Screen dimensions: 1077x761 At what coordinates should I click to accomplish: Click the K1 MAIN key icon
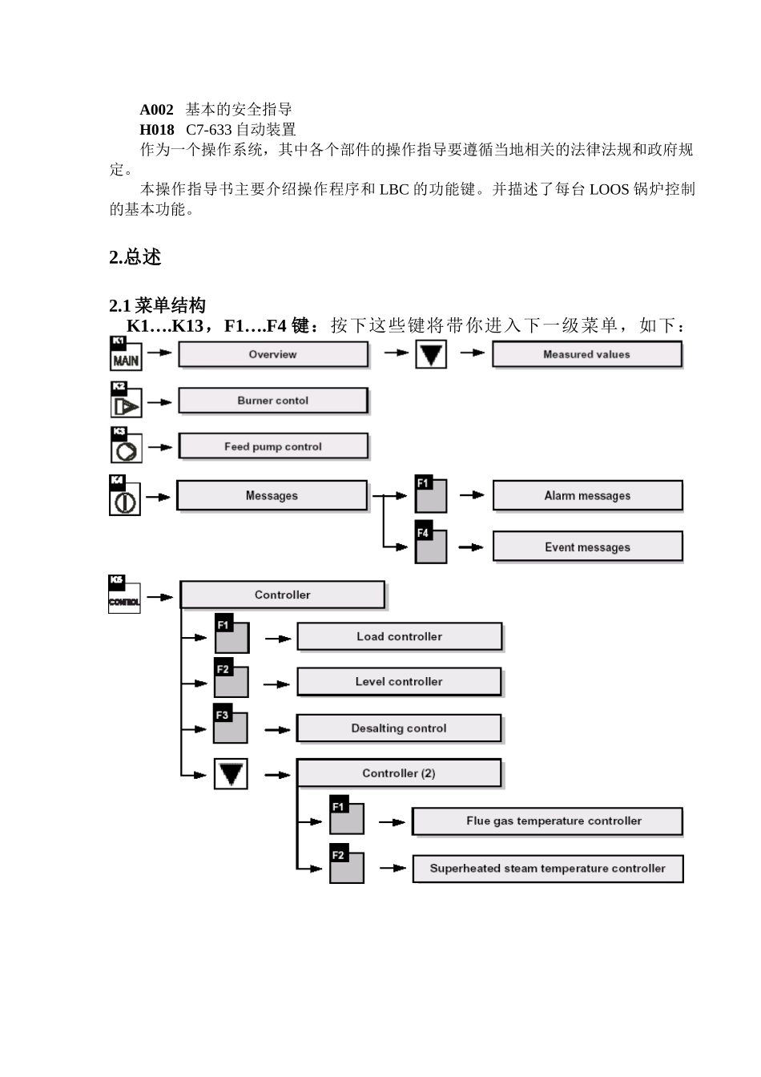125,353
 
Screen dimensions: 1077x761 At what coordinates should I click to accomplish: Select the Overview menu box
273,354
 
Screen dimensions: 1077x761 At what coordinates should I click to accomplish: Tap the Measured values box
586,354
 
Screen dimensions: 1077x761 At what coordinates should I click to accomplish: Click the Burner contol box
272,401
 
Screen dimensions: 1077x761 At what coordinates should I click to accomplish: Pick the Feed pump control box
272,446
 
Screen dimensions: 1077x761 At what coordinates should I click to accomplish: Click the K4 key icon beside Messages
125,495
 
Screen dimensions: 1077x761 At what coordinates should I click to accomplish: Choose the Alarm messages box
587,495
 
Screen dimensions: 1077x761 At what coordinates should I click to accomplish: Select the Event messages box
587,547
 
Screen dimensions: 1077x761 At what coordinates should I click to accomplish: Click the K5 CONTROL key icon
124,595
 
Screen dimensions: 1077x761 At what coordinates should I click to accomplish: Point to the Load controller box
399,636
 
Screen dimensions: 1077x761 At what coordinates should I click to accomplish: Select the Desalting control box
398,728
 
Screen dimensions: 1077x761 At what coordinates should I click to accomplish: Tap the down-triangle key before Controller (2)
231,774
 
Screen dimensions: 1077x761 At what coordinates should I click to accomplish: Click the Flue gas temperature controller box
547,821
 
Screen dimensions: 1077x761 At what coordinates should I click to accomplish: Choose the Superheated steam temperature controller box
547,869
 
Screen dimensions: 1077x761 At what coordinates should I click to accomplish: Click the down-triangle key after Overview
431,354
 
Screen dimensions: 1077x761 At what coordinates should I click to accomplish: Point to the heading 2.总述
135,257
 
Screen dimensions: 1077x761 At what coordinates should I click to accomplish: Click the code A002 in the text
156,110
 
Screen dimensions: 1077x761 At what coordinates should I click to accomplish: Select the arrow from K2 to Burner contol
159,402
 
